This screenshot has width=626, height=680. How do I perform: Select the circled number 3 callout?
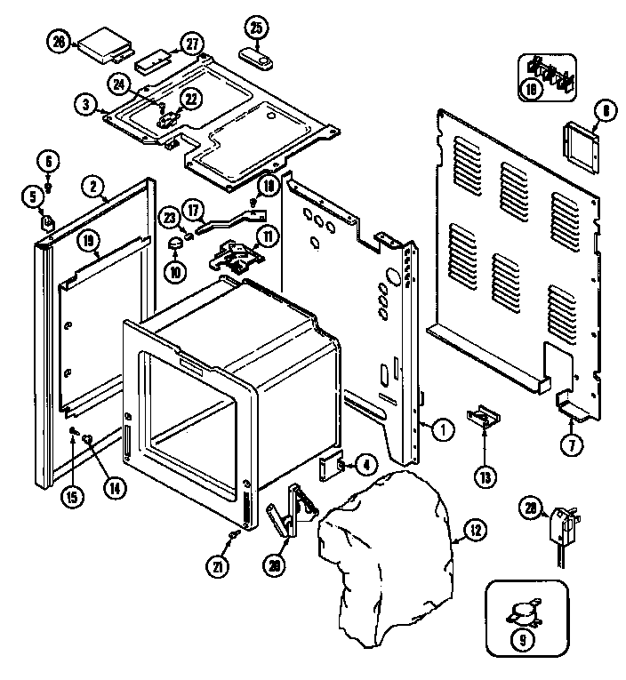click(x=86, y=105)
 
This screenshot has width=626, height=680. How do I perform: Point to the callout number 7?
click(x=574, y=444)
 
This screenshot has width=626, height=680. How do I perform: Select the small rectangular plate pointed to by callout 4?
click(x=332, y=464)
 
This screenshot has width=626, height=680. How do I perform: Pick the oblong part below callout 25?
click(x=258, y=58)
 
